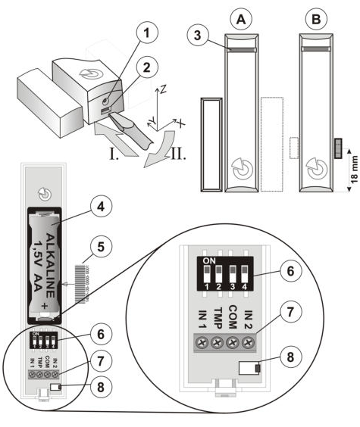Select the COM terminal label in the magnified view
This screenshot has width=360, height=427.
pos(231,313)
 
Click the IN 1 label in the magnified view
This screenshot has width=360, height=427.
pos(201,313)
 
